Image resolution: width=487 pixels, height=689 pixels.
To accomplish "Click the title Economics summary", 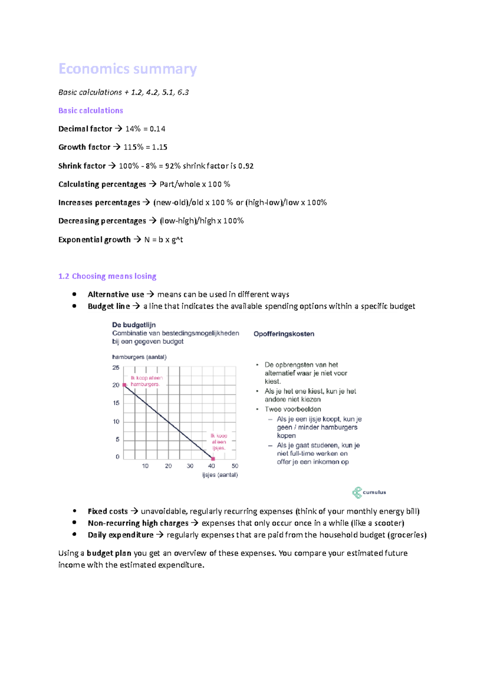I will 127,69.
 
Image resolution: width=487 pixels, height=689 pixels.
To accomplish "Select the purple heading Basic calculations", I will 91,110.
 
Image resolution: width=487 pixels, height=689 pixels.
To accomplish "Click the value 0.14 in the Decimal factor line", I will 157,129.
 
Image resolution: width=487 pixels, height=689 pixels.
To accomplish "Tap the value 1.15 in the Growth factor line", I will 159,147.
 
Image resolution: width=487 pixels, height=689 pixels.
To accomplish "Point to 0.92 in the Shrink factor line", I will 246,166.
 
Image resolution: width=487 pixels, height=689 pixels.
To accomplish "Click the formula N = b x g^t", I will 164,240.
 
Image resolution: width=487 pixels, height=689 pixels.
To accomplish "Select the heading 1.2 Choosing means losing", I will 107,276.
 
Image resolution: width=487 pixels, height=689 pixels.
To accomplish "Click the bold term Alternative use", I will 116,295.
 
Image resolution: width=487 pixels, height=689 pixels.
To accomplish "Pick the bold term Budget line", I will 109,306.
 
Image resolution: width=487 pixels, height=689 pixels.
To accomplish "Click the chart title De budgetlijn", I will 134,325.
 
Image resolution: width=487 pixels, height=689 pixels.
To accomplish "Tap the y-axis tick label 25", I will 116,368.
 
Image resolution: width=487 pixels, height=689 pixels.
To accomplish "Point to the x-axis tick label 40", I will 211,466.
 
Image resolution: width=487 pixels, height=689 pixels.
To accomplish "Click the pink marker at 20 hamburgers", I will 125,385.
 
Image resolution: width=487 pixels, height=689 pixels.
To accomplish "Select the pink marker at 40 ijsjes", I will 213,459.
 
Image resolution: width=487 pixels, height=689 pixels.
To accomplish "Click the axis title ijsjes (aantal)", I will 220,475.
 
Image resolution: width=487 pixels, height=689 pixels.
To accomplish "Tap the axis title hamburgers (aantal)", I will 139,357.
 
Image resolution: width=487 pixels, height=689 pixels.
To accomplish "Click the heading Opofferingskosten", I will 284,334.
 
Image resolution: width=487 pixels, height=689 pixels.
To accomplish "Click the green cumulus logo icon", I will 357,493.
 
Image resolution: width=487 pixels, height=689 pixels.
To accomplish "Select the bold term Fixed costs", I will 108,511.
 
